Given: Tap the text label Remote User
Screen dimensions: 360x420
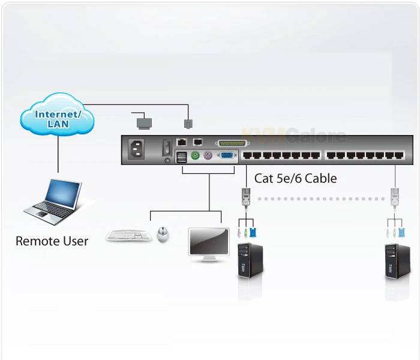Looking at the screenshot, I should (x=52, y=241).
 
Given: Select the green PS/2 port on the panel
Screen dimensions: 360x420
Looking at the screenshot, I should (x=195, y=156).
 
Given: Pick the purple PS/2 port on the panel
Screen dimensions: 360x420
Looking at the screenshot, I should (x=208, y=156).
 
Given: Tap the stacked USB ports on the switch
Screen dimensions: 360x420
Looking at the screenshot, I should (x=181, y=157).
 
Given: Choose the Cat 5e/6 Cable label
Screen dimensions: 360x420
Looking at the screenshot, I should (x=295, y=178).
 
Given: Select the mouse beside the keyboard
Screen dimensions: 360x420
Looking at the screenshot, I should (x=163, y=234).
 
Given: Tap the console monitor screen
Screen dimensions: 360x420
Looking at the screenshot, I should (x=208, y=241).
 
